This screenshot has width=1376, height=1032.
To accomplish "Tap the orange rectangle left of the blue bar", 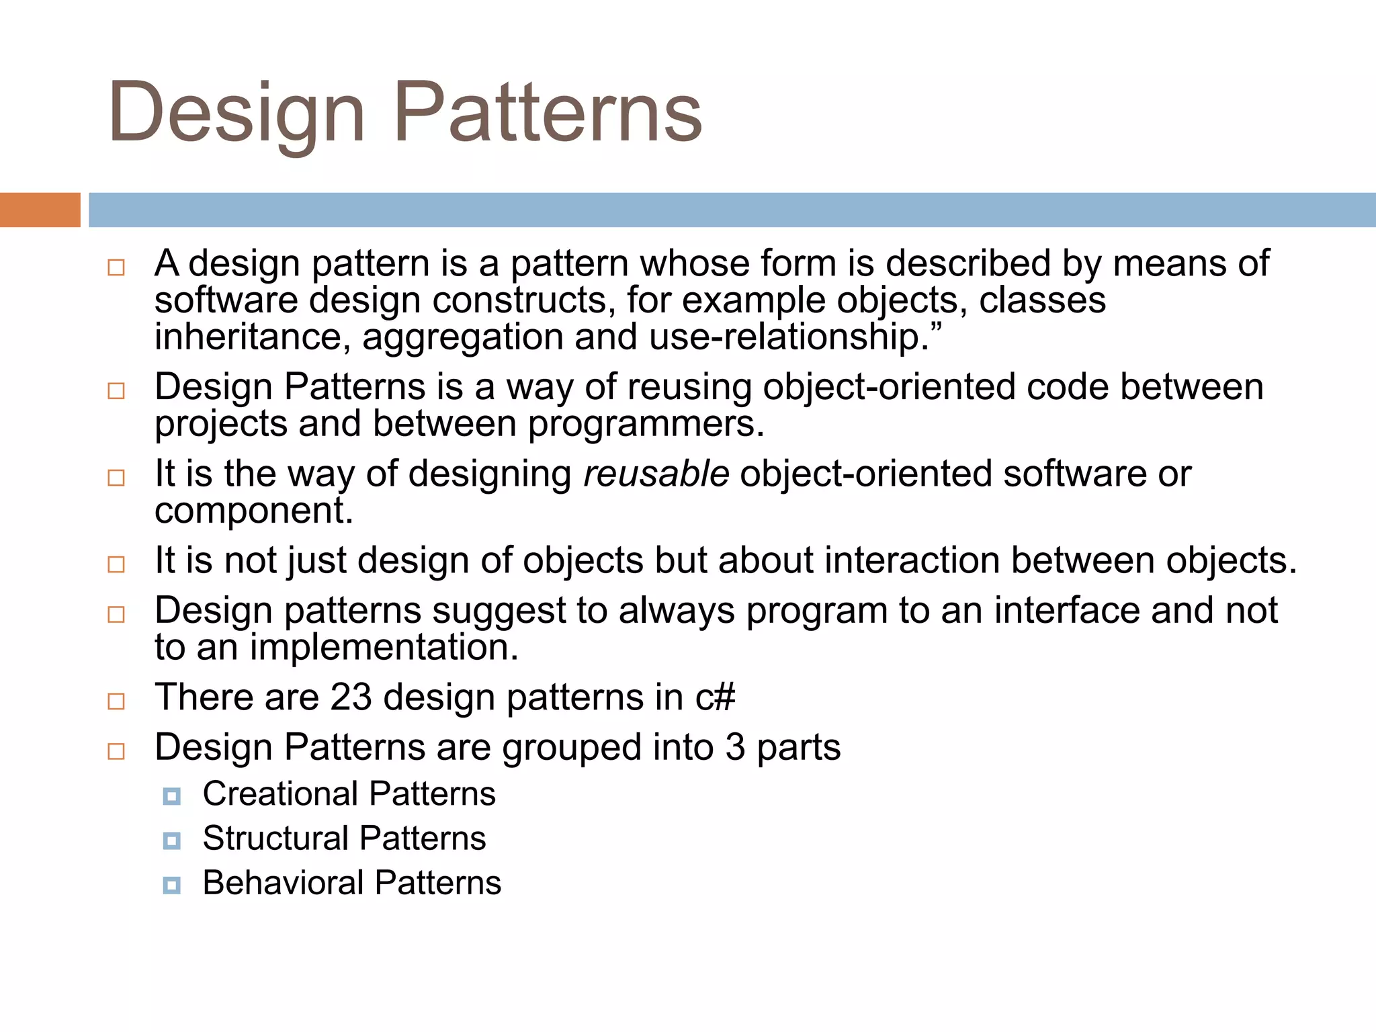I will [x=40, y=210].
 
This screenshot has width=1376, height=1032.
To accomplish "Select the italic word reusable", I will [x=656, y=474].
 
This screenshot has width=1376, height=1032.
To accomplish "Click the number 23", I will [x=351, y=697].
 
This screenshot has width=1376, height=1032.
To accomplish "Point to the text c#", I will [x=715, y=697].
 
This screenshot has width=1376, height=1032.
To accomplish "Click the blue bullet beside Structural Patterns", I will [x=172, y=841].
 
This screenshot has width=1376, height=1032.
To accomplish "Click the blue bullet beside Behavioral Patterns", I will [x=172, y=885].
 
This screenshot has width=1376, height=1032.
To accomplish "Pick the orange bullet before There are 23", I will [x=116, y=701].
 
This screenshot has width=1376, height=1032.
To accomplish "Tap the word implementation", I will [x=384, y=648].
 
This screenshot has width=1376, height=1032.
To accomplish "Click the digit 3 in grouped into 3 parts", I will [x=735, y=747].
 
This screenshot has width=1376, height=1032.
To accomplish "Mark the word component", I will [x=253, y=511].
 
